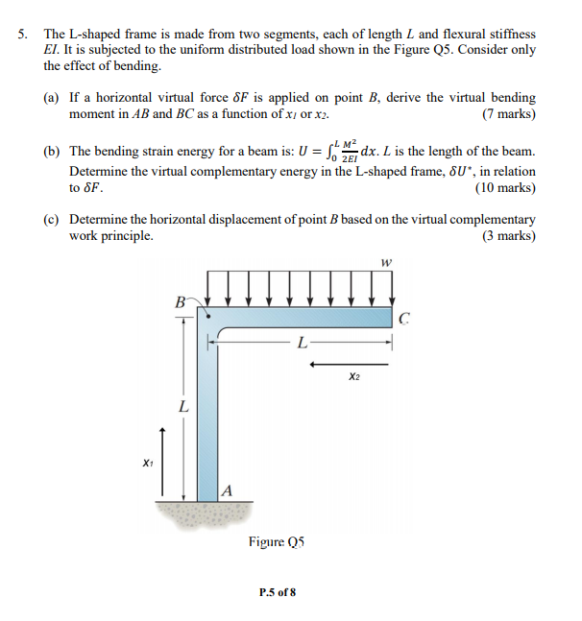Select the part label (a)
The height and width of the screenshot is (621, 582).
pyautogui.click(x=54, y=98)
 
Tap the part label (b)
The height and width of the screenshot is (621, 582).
pyautogui.click(x=54, y=152)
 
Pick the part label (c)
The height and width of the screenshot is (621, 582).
pyautogui.click(x=54, y=219)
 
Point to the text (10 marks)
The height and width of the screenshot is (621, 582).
pyautogui.click(x=503, y=188)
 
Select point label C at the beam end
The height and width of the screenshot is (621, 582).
pyautogui.click(x=404, y=321)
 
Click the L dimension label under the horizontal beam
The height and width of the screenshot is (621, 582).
pyautogui.click(x=302, y=341)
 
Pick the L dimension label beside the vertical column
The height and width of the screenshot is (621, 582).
pyautogui.click(x=182, y=407)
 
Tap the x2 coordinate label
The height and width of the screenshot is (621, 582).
pyautogui.click(x=354, y=376)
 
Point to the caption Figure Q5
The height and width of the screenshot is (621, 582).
pyautogui.click(x=277, y=543)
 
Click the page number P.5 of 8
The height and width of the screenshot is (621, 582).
pyautogui.click(x=277, y=592)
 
